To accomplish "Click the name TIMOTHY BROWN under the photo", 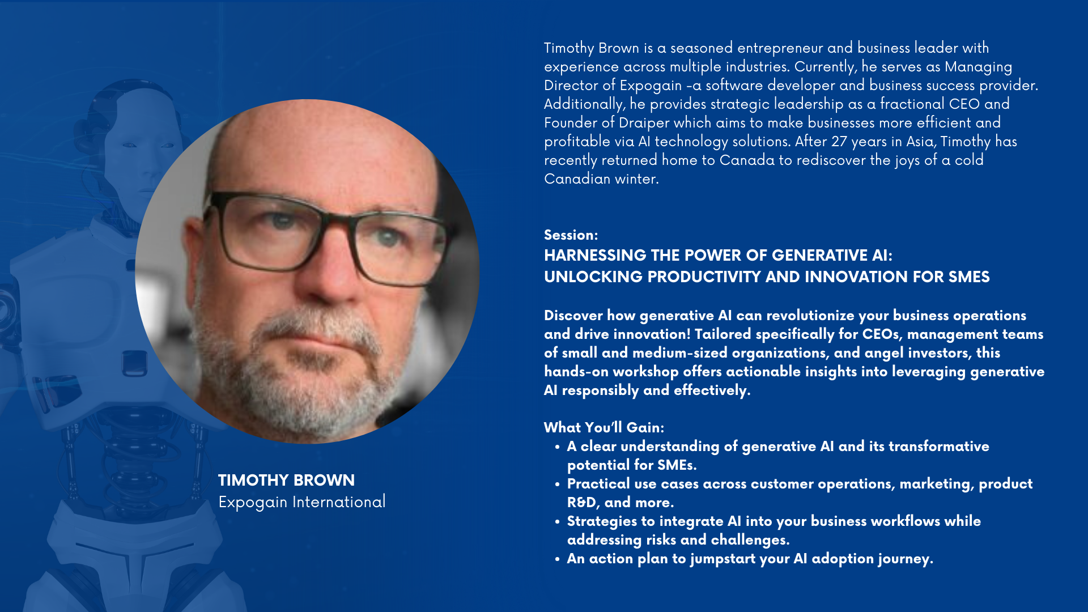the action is [286, 480].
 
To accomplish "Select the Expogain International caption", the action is [302, 502].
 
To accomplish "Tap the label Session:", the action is [571, 235].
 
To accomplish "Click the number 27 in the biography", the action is [839, 142].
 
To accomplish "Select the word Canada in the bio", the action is [747, 160].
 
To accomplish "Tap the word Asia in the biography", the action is [921, 142].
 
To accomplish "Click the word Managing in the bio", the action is [978, 67].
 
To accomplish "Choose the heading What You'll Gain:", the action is [604, 427].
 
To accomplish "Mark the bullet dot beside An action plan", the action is [557, 559].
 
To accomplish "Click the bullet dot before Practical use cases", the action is [557, 484].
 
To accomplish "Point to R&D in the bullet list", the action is [581, 503].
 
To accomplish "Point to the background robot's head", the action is [136, 136].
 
